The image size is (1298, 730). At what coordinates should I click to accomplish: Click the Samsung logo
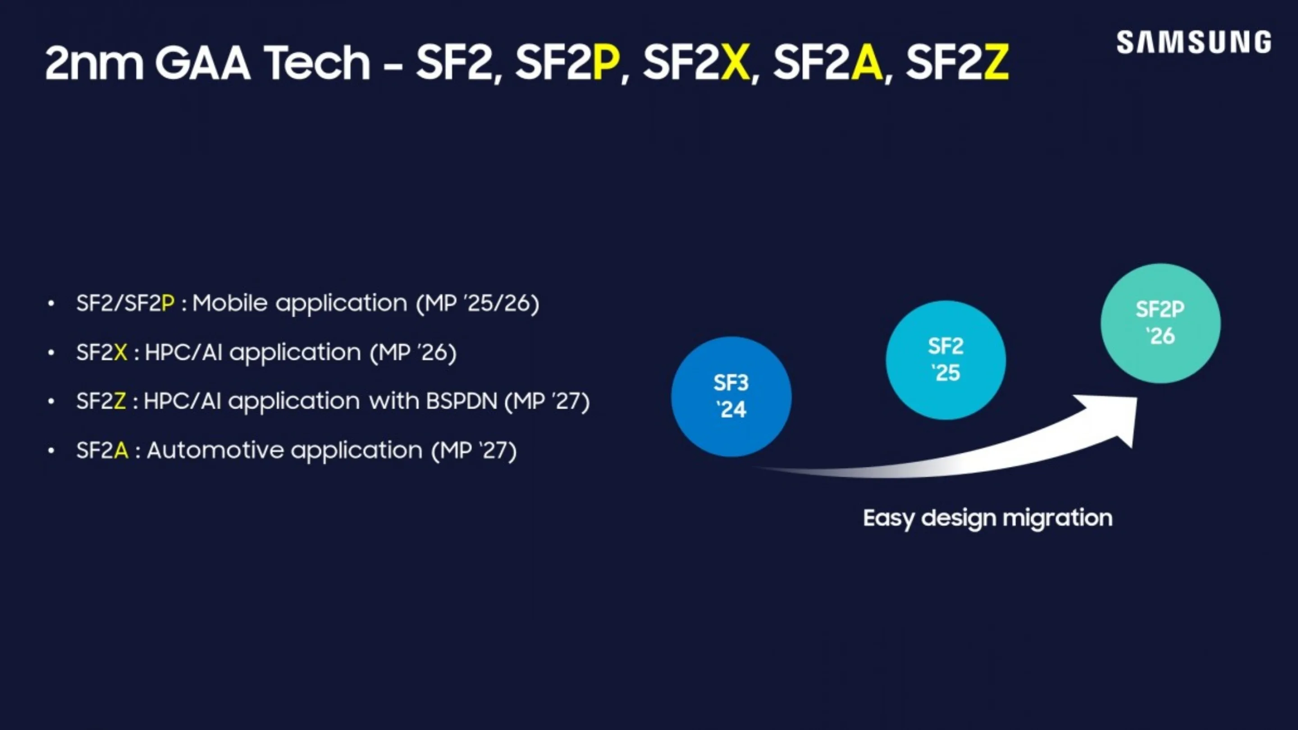1193,42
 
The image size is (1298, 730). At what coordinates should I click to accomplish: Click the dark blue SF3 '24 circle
731,397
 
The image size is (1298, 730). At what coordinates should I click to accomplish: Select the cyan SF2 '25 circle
946,360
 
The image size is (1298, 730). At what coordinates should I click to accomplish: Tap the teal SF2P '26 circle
1160,323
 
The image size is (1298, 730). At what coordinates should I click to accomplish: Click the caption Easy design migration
987,518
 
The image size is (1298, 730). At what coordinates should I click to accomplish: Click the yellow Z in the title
996,63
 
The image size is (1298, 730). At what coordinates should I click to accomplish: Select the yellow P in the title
606,63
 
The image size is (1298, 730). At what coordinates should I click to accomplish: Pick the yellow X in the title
735,63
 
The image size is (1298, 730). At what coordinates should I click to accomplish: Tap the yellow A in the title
867,63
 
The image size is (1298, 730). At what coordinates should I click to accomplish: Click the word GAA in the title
202,63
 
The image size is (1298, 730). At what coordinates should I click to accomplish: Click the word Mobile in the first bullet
230,303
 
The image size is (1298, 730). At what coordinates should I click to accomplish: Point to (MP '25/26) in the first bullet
478,303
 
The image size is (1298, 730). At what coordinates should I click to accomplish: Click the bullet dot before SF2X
51,353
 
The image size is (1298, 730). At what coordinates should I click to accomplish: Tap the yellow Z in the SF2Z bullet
119,401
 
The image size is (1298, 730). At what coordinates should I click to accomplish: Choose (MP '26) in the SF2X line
413,352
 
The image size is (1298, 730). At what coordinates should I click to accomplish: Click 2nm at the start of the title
94,63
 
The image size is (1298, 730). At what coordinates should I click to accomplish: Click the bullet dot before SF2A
51,451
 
